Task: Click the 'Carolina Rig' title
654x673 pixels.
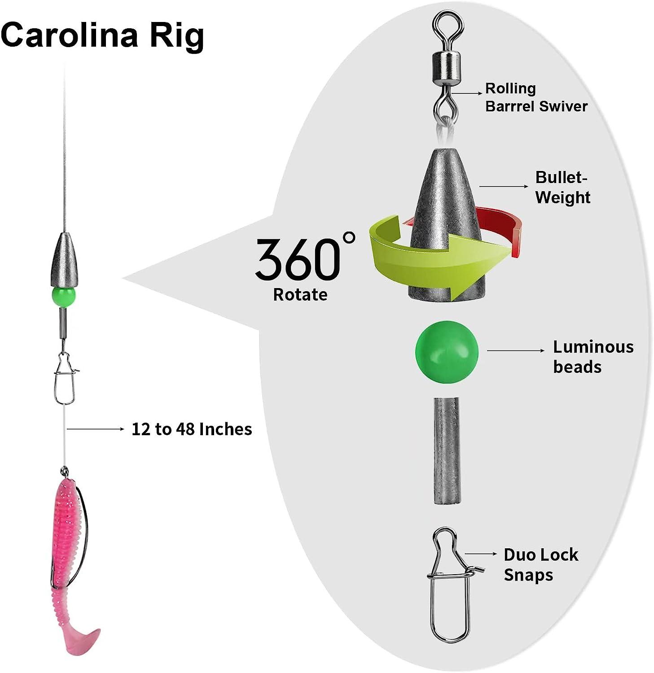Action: pos(102,35)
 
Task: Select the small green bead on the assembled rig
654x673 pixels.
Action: pos(64,297)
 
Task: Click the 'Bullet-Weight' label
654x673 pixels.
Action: pos(562,187)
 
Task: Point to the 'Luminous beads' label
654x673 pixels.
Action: pos(593,357)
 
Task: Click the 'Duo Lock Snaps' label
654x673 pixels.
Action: pos(540,564)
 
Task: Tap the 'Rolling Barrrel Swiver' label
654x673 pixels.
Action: pos(536,97)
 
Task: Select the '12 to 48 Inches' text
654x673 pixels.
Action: pos(192,429)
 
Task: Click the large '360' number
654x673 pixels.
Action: pos(298,259)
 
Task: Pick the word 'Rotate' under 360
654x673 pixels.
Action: pos(300,295)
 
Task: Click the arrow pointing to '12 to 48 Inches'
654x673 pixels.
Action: pos(95,429)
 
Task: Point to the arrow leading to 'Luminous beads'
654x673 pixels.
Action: pos(515,350)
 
